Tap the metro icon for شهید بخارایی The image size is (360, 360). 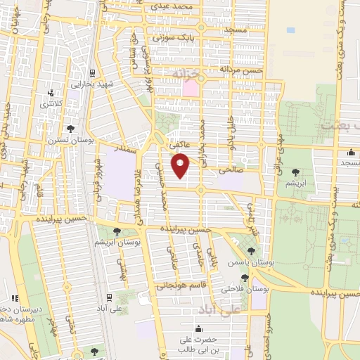(92, 72)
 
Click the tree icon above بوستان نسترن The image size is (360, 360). (71, 127)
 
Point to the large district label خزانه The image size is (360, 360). (187, 73)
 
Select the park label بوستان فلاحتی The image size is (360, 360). (241, 289)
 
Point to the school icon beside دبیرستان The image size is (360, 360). (14, 298)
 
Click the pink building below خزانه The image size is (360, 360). (191, 89)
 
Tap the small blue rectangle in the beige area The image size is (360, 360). (291, 30)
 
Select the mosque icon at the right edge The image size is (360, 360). (351, 153)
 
